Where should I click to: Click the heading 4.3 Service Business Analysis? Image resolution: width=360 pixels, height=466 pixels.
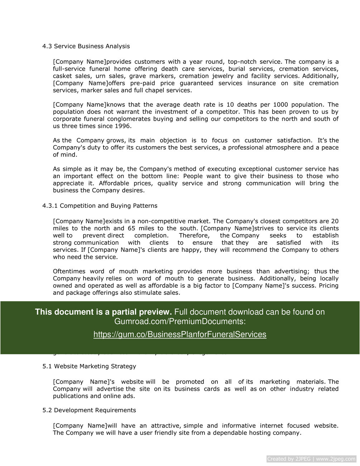(x=86, y=46)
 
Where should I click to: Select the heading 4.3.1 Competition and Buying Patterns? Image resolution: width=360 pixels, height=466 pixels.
(x=100, y=206)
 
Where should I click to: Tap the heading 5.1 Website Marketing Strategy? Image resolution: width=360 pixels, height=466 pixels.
(x=89, y=366)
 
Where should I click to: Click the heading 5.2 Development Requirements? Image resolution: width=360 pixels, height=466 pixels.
(x=89, y=410)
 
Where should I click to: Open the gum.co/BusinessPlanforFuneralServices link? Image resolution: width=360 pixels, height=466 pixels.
(x=180, y=334)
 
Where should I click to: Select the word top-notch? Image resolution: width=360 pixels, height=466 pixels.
(x=242, y=62)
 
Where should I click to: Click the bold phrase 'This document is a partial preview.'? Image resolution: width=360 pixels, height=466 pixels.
(x=103, y=312)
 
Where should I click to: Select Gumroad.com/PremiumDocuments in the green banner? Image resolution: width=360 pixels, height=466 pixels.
(x=180, y=321)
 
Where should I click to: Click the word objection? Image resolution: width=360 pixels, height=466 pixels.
(x=173, y=140)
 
